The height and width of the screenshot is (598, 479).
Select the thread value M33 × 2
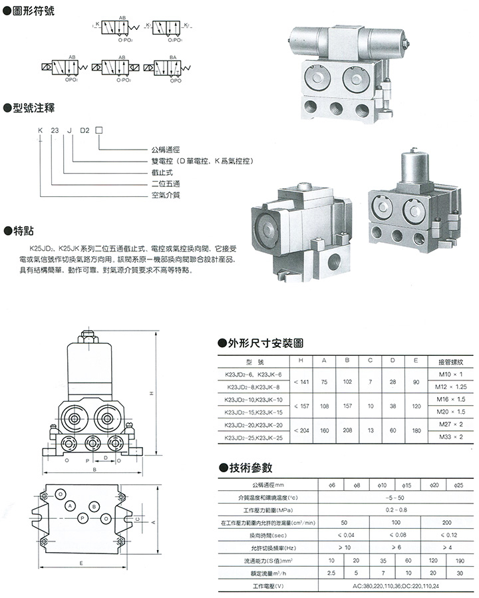(x=450, y=436)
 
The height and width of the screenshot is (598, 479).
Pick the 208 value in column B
(x=347, y=431)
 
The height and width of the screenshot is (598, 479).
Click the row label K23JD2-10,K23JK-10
(x=255, y=399)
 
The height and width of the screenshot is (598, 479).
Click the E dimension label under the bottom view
(x=80, y=563)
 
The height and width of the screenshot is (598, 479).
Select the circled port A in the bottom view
(x=70, y=506)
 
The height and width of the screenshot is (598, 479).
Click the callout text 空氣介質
(x=166, y=195)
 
